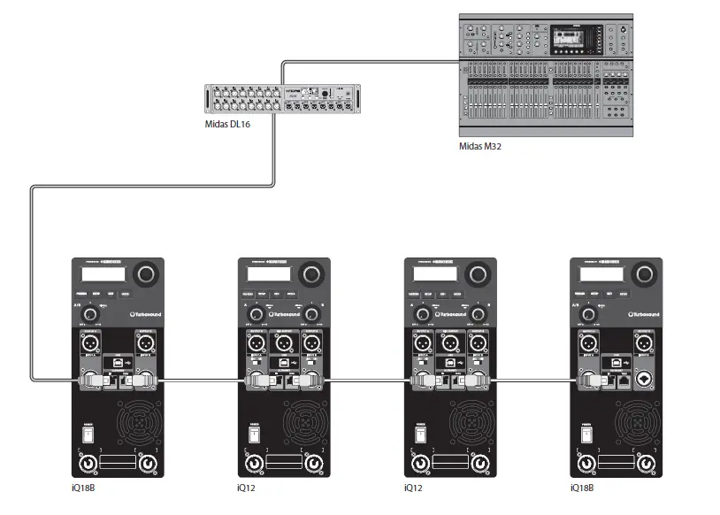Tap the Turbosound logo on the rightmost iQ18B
click(x=644, y=313)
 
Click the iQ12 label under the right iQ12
click(x=412, y=488)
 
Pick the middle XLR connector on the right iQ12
click(x=450, y=342)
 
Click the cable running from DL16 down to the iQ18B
click(x=31, y=283)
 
